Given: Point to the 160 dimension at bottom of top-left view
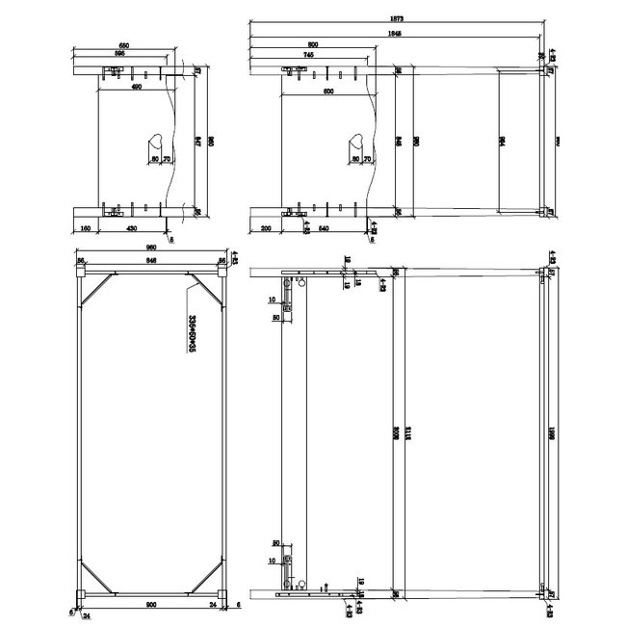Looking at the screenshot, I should (87, 228).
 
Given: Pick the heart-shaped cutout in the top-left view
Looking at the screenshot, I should (157, 143).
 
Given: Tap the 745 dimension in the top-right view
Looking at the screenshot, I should (307, 55).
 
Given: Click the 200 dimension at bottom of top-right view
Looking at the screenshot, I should (266, 228).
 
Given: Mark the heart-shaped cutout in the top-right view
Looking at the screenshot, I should (354, 144).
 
